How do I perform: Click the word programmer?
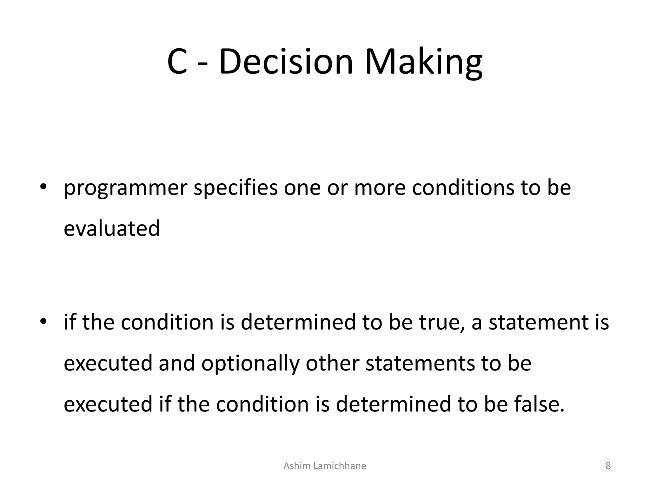(x=126, y=188)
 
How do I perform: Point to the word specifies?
(x=235, y=188)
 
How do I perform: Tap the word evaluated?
(x=112, y=229)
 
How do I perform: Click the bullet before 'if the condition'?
(x=43, y=321)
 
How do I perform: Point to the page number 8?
(x=608, y=466)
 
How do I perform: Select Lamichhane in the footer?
(x=339, y=466)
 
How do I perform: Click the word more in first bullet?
(x=380, y=188)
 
